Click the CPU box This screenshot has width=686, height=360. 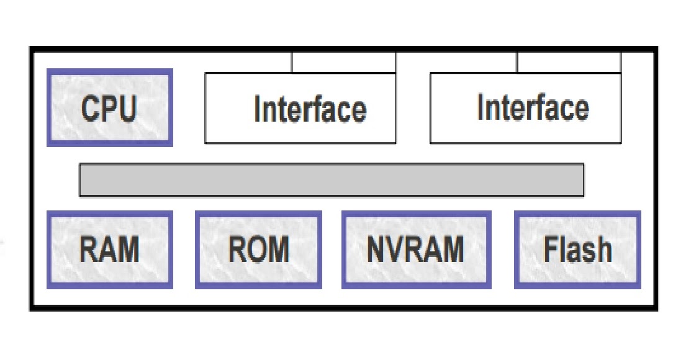click(109, 108)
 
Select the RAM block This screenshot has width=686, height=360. click(109, 250)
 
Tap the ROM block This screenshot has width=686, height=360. click(258, 250)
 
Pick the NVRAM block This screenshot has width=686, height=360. click(416, 250)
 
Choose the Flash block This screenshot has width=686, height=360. click(577, 250)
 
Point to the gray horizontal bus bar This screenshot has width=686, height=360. click(332, 180)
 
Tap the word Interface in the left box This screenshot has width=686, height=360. click(310, 109)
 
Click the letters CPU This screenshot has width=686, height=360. click(109, 108)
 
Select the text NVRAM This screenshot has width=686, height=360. click(415, 249)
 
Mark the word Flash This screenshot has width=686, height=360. click(577, 249)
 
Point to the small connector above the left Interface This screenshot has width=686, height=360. click(343, 62)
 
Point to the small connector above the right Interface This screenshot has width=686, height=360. click(569, 62)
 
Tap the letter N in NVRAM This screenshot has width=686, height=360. click(377, 249)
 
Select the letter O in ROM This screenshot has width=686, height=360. click(258, 250)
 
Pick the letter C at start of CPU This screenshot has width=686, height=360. click(91, 109)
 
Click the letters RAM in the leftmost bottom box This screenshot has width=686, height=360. click(109, 250)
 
